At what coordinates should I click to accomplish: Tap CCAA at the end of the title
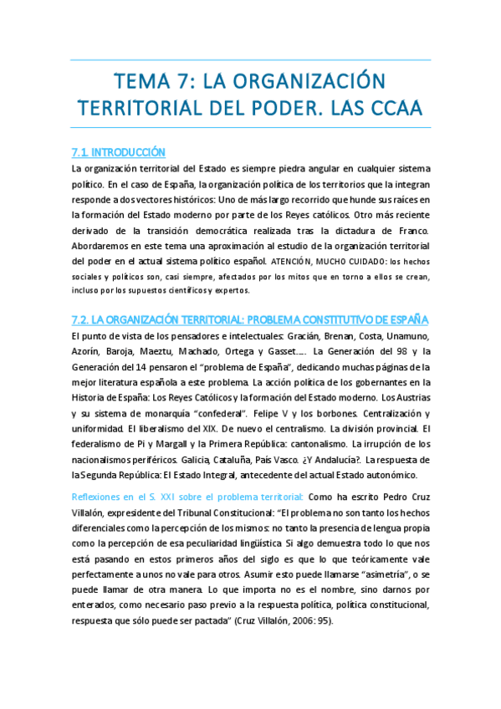click(394, 109)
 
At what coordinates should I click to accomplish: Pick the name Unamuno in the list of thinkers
click(408, 336)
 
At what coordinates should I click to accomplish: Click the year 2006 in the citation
click(296, 630)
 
